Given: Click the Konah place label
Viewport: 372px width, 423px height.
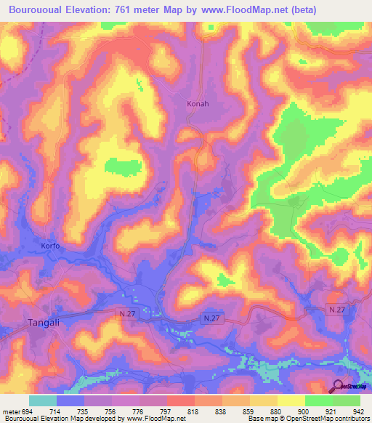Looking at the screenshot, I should [x=198, y=104].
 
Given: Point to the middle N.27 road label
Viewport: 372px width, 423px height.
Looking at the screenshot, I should [x=211, y=319].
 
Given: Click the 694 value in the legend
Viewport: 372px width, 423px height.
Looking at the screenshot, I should [x=26, y=411].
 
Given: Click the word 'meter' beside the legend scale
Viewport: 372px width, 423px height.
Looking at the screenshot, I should [x=10, y=411].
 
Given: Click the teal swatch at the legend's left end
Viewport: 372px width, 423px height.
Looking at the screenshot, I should [x=42, y=400].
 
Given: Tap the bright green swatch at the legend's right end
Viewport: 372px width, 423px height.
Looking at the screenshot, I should [x=347, y=400].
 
